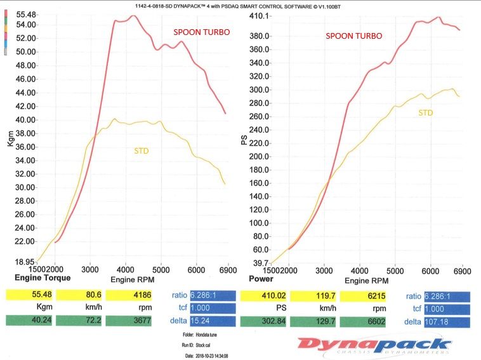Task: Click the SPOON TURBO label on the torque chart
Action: point(202,32)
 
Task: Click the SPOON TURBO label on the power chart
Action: point(354,36)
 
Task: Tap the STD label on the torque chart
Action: point(142,151)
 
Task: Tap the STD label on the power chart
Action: point(425,112)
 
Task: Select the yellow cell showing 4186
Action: point(129,295)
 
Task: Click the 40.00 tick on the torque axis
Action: point(25,119)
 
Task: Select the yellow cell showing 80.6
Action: point(79,295)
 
